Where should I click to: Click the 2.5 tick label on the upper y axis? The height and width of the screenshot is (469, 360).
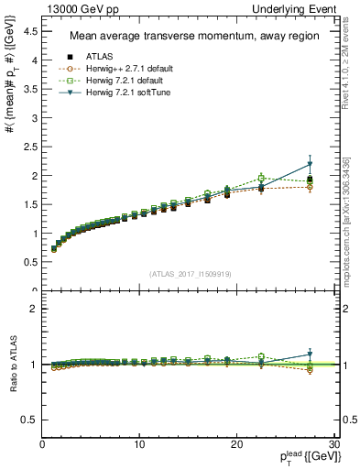point(32,147)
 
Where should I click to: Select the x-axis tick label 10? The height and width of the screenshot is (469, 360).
point(139,444)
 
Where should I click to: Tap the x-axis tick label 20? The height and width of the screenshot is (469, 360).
point(236,444)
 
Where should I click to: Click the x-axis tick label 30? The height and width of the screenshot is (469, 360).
point(333,444)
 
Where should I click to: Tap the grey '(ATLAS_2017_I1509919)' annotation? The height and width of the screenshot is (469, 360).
point(189,272)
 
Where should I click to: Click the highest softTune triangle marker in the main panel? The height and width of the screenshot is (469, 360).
point(310,165)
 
